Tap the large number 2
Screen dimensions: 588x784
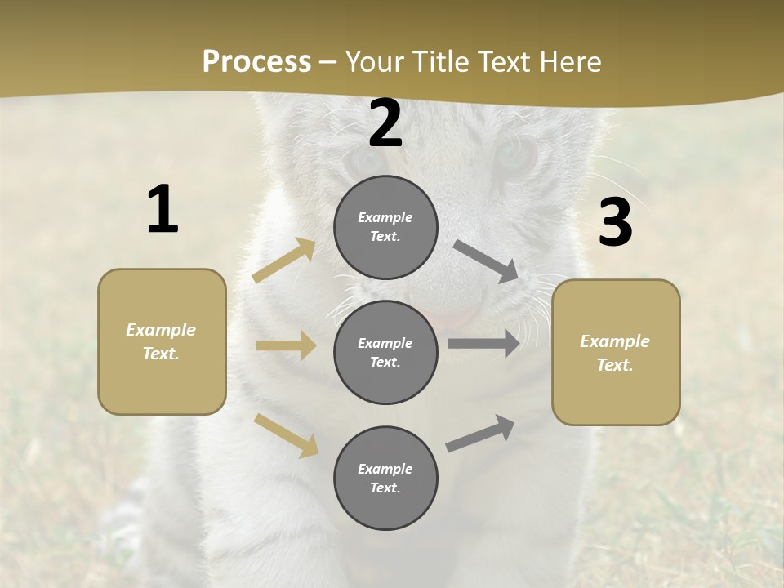385,123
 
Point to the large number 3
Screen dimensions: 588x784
615,223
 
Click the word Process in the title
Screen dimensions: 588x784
256,61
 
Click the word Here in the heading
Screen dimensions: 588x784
569,61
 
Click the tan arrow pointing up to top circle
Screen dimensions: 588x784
284,261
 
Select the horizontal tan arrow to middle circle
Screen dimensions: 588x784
286,345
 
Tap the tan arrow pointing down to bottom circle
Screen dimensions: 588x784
287,435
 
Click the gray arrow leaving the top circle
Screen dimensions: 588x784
487,261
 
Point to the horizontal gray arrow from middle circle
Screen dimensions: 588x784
483,344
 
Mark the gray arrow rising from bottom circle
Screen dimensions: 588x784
480,434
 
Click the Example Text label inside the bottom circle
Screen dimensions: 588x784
385,478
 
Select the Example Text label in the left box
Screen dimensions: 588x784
161,341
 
